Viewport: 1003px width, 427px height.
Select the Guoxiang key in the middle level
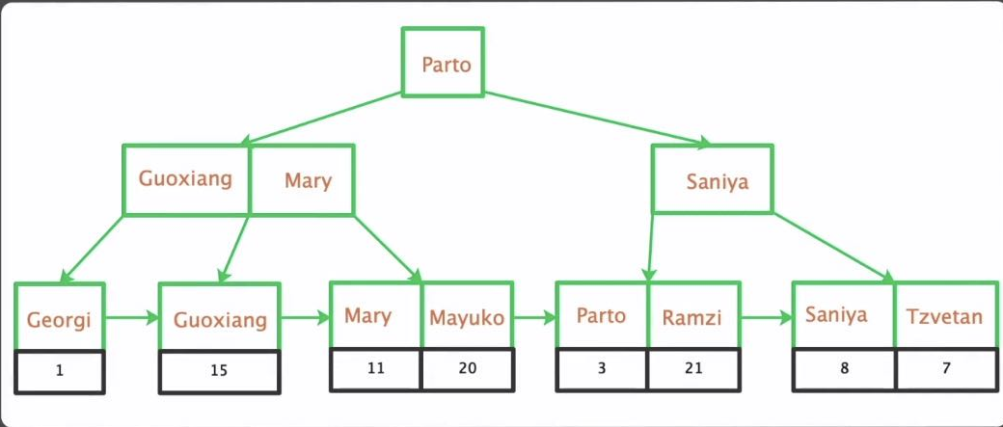[185, 179]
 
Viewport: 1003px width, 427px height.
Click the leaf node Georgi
[60, 317]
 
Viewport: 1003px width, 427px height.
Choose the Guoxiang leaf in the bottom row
[219, 319]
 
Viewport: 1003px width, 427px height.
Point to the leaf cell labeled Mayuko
[467, 316]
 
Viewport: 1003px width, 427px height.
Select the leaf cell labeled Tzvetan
[943, 316]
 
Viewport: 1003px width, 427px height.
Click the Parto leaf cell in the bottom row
[601, 316]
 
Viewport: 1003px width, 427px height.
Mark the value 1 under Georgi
[60, 369]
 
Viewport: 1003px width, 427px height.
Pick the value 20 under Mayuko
[467, 368]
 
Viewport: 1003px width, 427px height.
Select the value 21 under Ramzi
[693, 368]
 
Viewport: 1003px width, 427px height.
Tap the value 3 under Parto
[601, 368]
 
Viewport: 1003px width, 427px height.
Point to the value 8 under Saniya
[843, 368]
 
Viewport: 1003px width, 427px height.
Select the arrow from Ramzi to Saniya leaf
[766, 315]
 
